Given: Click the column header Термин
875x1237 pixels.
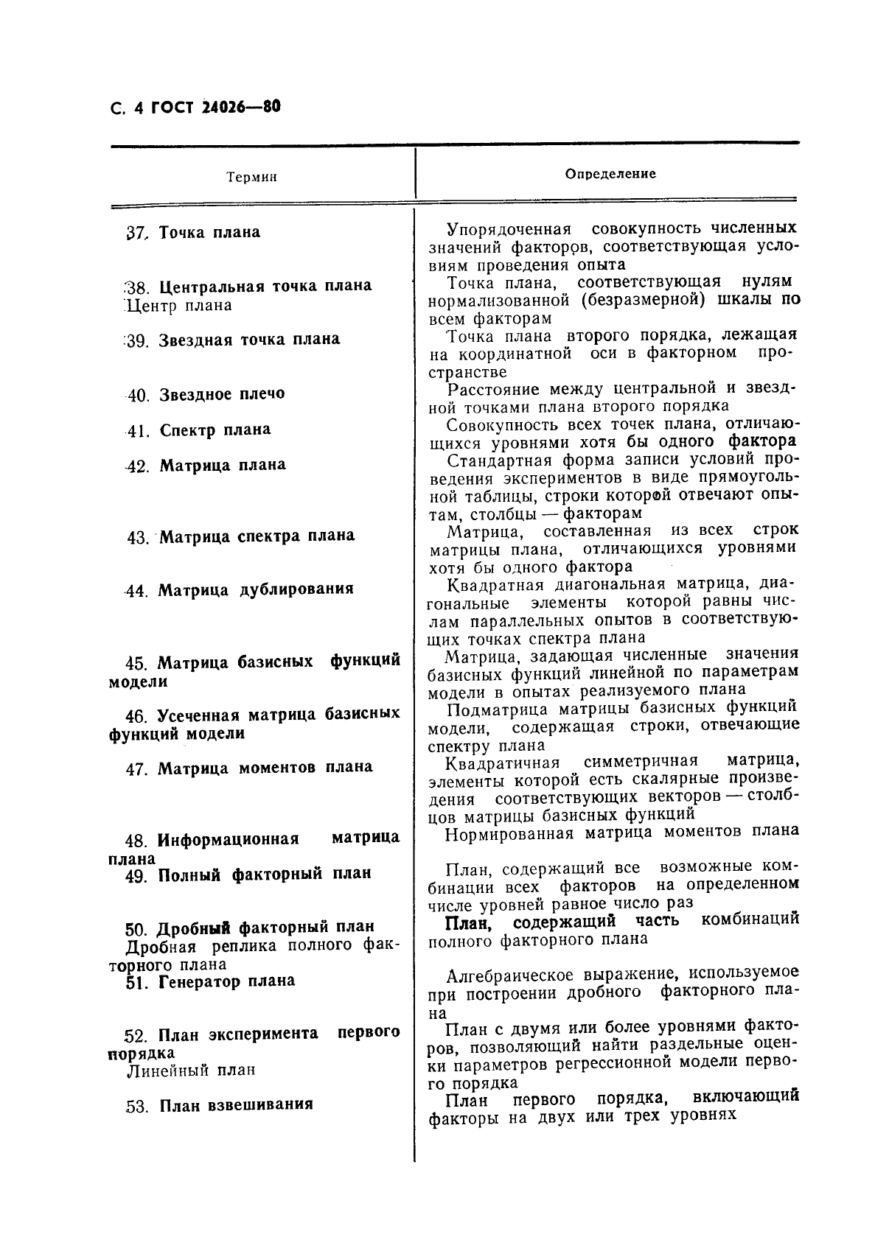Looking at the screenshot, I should pos(251,178).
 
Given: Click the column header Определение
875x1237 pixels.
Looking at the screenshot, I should pos(610,175).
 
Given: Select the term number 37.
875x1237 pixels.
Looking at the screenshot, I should pos(136,233).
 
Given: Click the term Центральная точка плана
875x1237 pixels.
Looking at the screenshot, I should pos(265,286).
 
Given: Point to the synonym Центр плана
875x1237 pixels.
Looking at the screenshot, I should pos(179,306).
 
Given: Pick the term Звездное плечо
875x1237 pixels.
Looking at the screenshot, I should pos(221,394).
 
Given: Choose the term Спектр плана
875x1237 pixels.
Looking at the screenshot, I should pos(215,430).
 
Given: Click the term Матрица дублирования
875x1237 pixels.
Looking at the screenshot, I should pos(256,589).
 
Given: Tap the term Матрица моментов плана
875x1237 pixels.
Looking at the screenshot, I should pos(265,768).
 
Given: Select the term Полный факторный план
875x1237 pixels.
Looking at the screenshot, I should pos(265,875).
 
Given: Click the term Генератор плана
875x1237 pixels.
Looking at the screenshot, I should pos(226,981).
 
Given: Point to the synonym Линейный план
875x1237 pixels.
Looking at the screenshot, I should pos(191,1070).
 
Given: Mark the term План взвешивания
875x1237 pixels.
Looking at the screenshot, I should pos(236,1105).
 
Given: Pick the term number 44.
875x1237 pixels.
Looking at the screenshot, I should pos(137,591).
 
